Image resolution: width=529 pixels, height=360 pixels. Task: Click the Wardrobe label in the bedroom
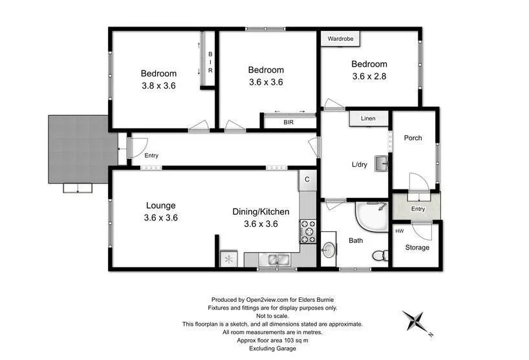[341, 39]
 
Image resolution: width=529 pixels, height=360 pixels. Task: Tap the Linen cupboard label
[369, 119]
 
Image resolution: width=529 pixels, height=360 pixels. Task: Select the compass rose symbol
[414, 321]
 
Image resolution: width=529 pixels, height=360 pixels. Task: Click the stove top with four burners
[308, 231]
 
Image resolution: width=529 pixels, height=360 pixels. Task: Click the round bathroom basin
[330, 250]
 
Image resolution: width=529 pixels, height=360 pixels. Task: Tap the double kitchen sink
[276, 260]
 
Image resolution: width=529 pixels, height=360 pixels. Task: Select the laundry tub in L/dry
[382, 164]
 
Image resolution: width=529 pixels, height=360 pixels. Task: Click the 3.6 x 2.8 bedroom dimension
[369, 76]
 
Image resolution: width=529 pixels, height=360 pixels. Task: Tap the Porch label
[413, 138]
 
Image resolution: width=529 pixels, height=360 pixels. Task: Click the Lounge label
[160, 206]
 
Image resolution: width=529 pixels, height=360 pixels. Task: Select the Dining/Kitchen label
[261, 211]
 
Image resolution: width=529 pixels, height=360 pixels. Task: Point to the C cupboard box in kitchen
[307, 179]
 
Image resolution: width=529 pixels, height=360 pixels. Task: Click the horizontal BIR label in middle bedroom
[288, 121]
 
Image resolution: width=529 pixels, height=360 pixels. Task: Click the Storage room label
[417, 248]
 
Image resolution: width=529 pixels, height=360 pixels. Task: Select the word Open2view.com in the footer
[268, 300]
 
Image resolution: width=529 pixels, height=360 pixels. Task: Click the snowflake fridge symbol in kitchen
[228, 259]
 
